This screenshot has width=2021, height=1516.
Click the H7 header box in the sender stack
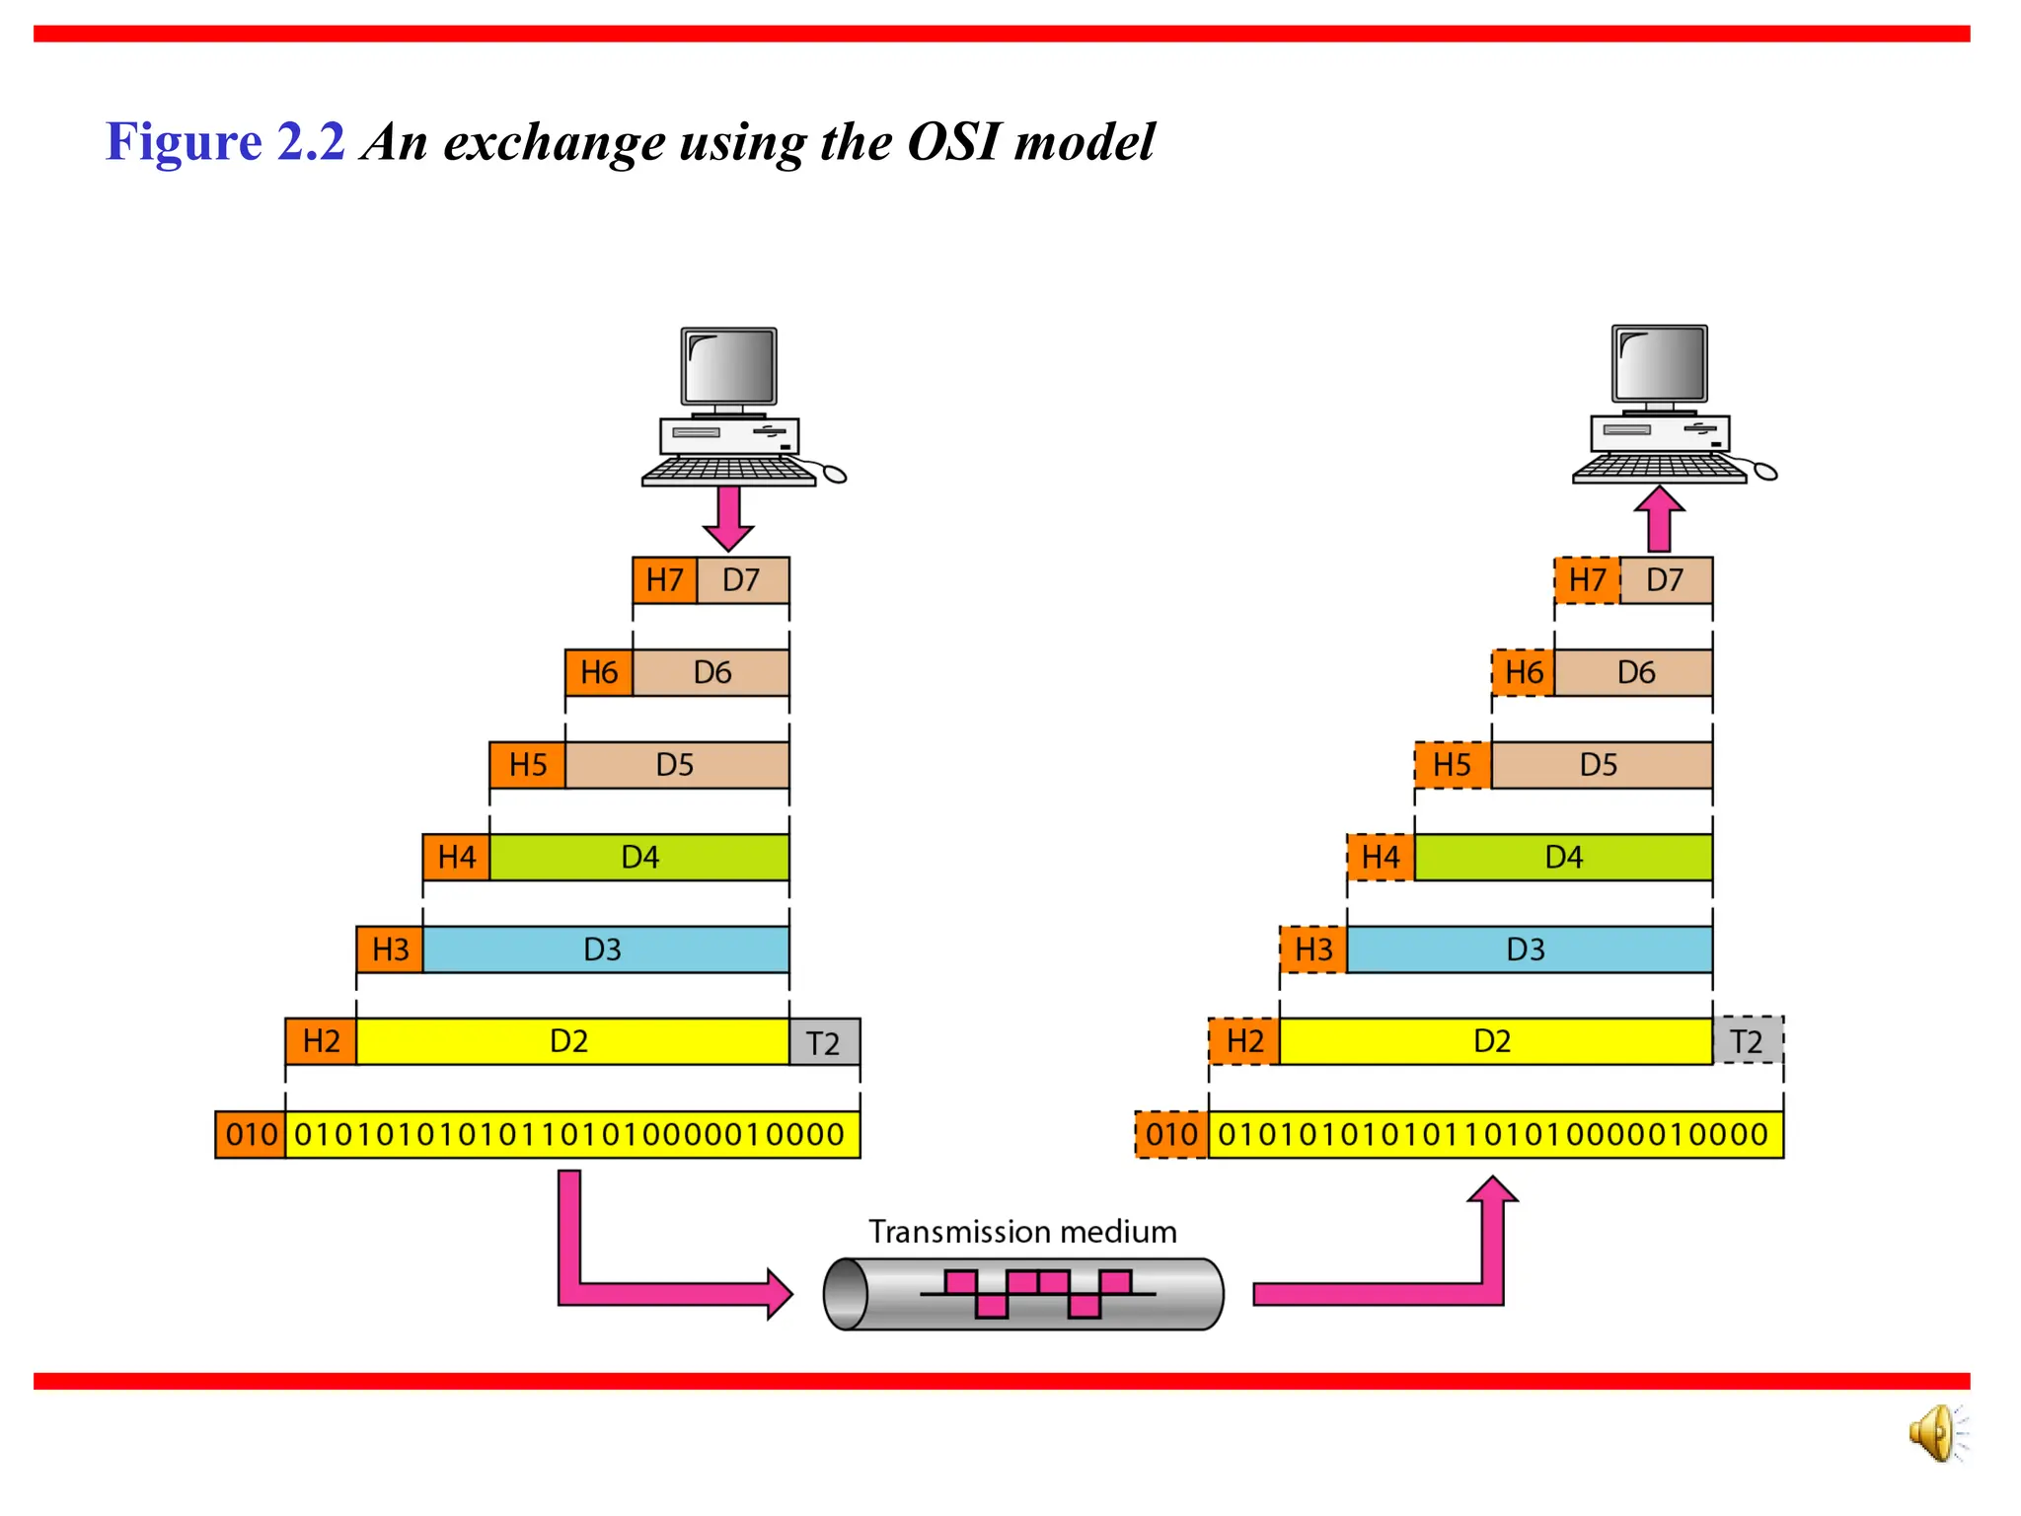coord(664,580)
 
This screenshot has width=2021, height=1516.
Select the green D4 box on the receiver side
coord(1563,857)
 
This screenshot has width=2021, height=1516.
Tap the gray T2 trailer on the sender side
coord(824,1042)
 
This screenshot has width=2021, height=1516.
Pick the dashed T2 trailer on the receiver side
coord(1748,1041)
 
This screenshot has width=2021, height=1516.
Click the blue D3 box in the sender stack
coord(605,949)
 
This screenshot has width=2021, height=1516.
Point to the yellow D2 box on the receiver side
coord(1494,1041)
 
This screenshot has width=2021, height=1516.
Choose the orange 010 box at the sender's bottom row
coord(251,1134)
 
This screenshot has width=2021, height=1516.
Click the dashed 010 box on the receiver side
coord(1171,1134)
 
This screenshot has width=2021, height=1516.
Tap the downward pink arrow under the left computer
coord(728,517)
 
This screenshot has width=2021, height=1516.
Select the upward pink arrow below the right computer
coord(1659,519)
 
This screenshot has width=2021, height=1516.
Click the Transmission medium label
coord(1022,1232)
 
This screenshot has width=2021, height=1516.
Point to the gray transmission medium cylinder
coord(1023,1294)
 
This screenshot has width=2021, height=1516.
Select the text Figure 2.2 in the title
coord(225,141)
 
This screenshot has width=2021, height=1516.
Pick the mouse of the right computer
coord(1764,472)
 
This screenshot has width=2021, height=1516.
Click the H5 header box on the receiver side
coord(1452,765)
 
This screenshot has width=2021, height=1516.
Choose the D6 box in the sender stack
coord(711,673)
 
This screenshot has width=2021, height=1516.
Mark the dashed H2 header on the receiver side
coord(1244,1041)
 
